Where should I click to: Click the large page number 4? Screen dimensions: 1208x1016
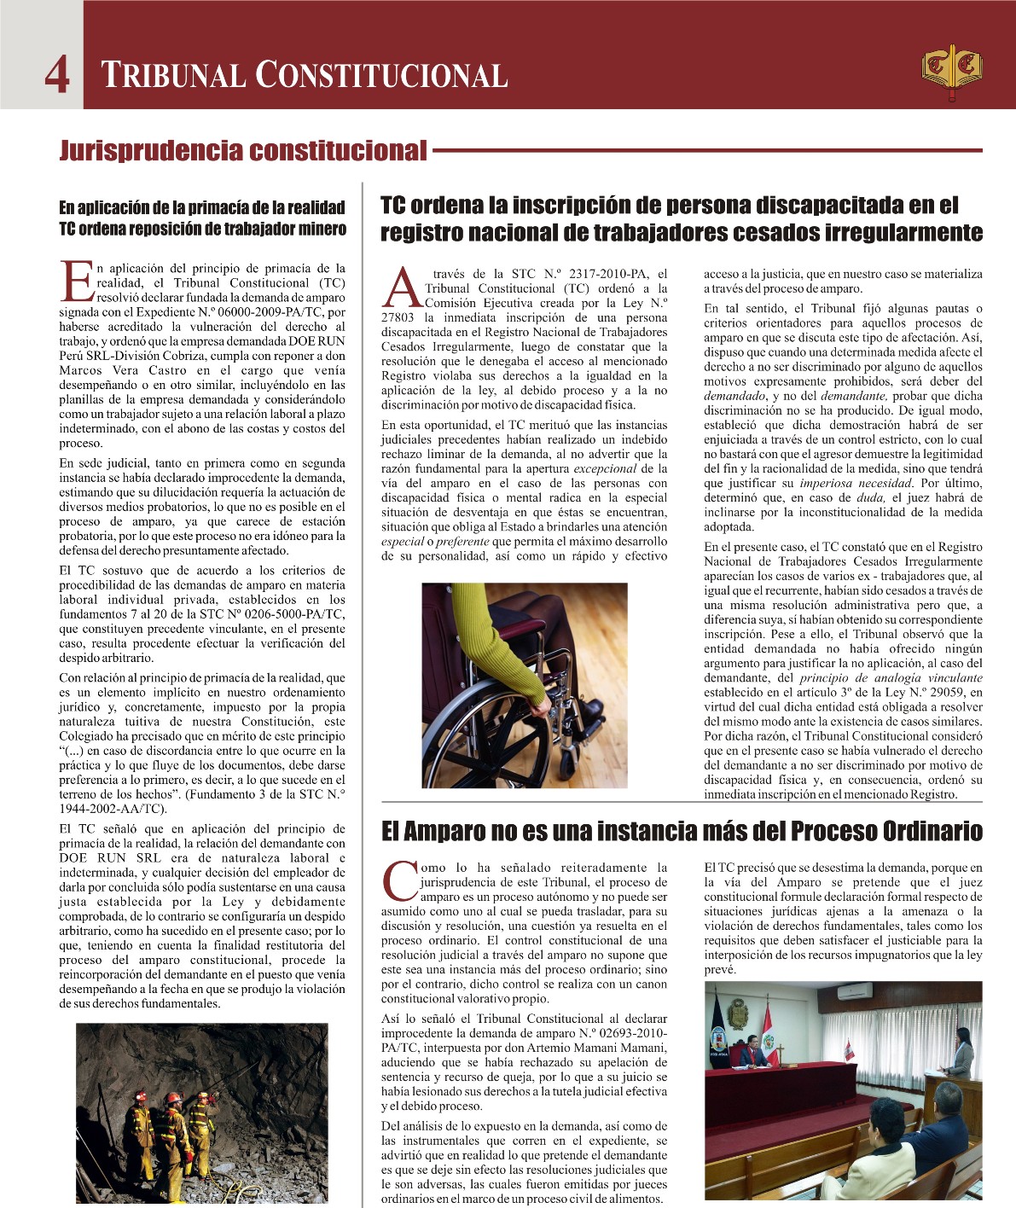point(57,74)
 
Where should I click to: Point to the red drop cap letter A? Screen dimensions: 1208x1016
point(401,289)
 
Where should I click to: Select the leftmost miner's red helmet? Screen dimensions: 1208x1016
point(140,1095)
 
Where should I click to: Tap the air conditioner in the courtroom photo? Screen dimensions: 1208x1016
point(853,992)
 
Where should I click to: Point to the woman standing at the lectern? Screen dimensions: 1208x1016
point(962,1052)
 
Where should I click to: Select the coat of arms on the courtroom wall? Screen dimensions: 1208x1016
point(738,1013)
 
